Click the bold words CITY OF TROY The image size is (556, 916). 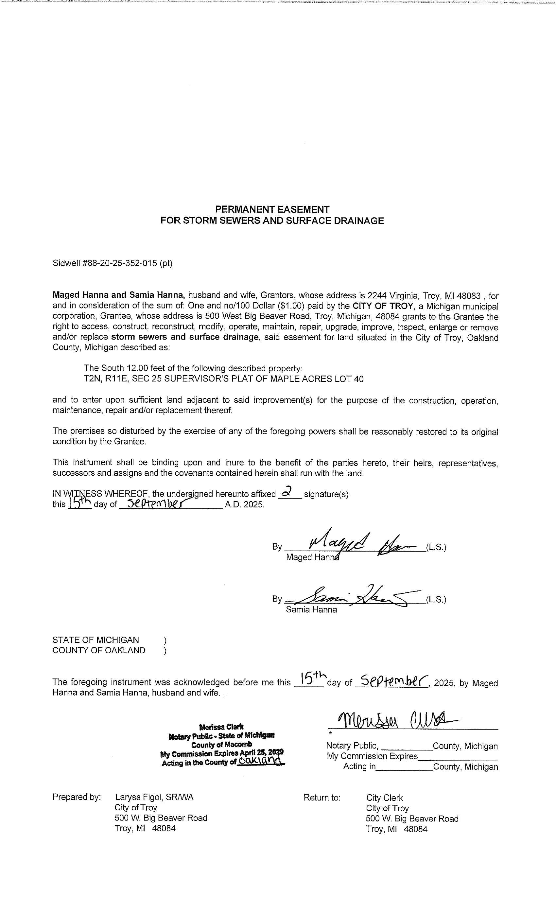(x=382, y=306)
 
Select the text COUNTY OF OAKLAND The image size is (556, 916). (x=98, y=650)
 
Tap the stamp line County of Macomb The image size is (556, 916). (x=221, y=745)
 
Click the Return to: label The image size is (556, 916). (x=322, y=798)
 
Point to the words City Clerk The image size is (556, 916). (x=384, y=798)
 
